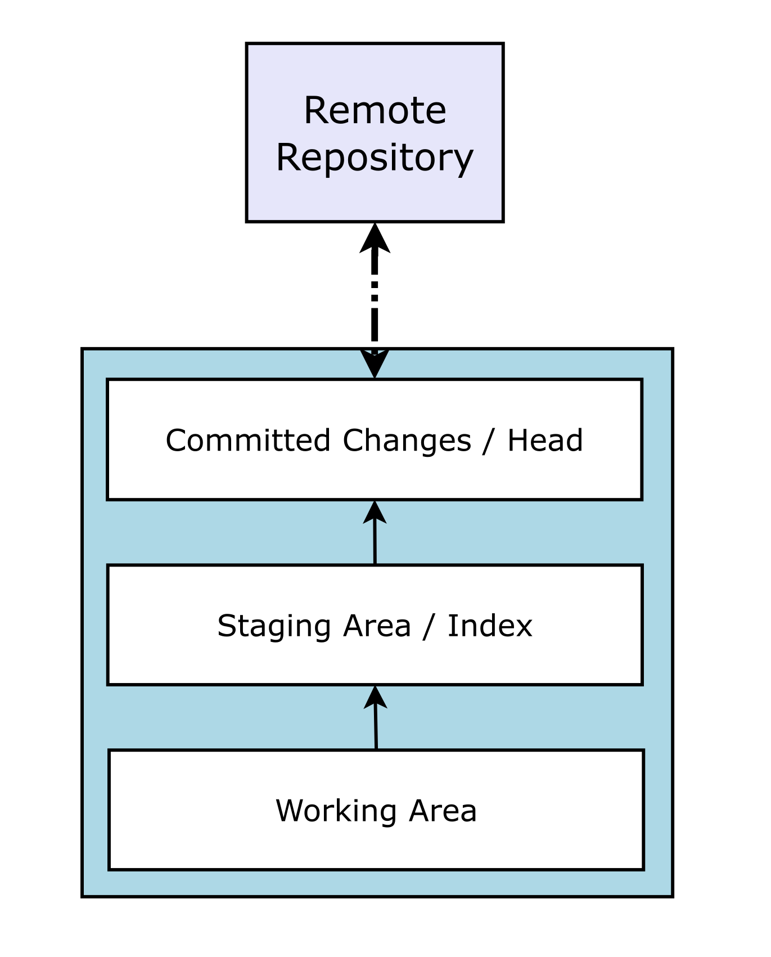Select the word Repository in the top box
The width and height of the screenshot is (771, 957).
click(x=375, y=158)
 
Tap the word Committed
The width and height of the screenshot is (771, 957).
click(x=247, y=440)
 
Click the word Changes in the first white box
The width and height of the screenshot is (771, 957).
click(x=407, y=440)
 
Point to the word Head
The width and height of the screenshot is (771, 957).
click(x=544, y=440)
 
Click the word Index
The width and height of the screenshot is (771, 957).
click(x=489, y=626)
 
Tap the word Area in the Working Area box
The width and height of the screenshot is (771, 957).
click(x=443, y=811)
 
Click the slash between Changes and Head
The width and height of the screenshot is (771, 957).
click(x=489, y=440)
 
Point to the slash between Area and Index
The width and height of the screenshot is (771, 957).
click(x=429, y=626)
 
